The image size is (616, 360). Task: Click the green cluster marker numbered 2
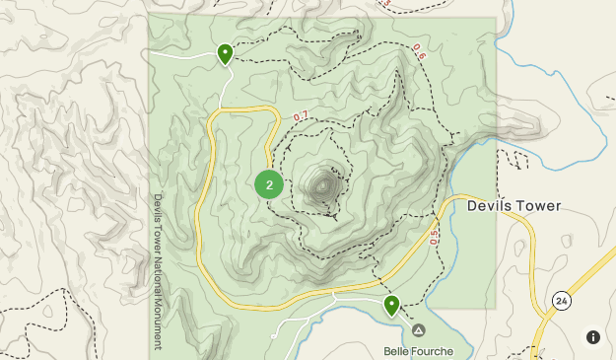pyautogui.click(x=269, y=183)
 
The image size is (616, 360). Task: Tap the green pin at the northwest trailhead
pyautogui.click(x=225, y=52)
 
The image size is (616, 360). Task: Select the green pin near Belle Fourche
pyautogui.click(x=391, y=305)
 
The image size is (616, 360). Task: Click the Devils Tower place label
pyautogui.click(x=513, y=206)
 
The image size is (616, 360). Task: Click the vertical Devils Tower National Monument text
pyautogui.click(x=157, y=271)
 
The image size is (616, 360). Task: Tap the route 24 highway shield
pyautogui.click(x=561, y=300)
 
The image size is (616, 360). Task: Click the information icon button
pyautogui.click(x=592, y=336)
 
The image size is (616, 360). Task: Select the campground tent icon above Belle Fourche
pyautogui.click(x=418, y=330)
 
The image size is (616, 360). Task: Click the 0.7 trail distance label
pyautogui.click(x=301, y=116)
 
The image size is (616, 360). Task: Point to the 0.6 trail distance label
pyautogui.click(x=418, y=50)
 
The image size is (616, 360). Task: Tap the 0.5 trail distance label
pyautogui.click(x=433, y=237)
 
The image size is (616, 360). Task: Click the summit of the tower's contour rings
pyautogui.click(x=324, y=184)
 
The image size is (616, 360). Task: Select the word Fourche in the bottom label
pyautogui.click(x=435, y=350)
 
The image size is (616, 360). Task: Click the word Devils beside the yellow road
pyautogui.click(x=489, y=206)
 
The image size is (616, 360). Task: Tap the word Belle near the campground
pyautogui.click(x=396, y=350)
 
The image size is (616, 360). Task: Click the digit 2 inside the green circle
pyautogui.click(x=269, y=183)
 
